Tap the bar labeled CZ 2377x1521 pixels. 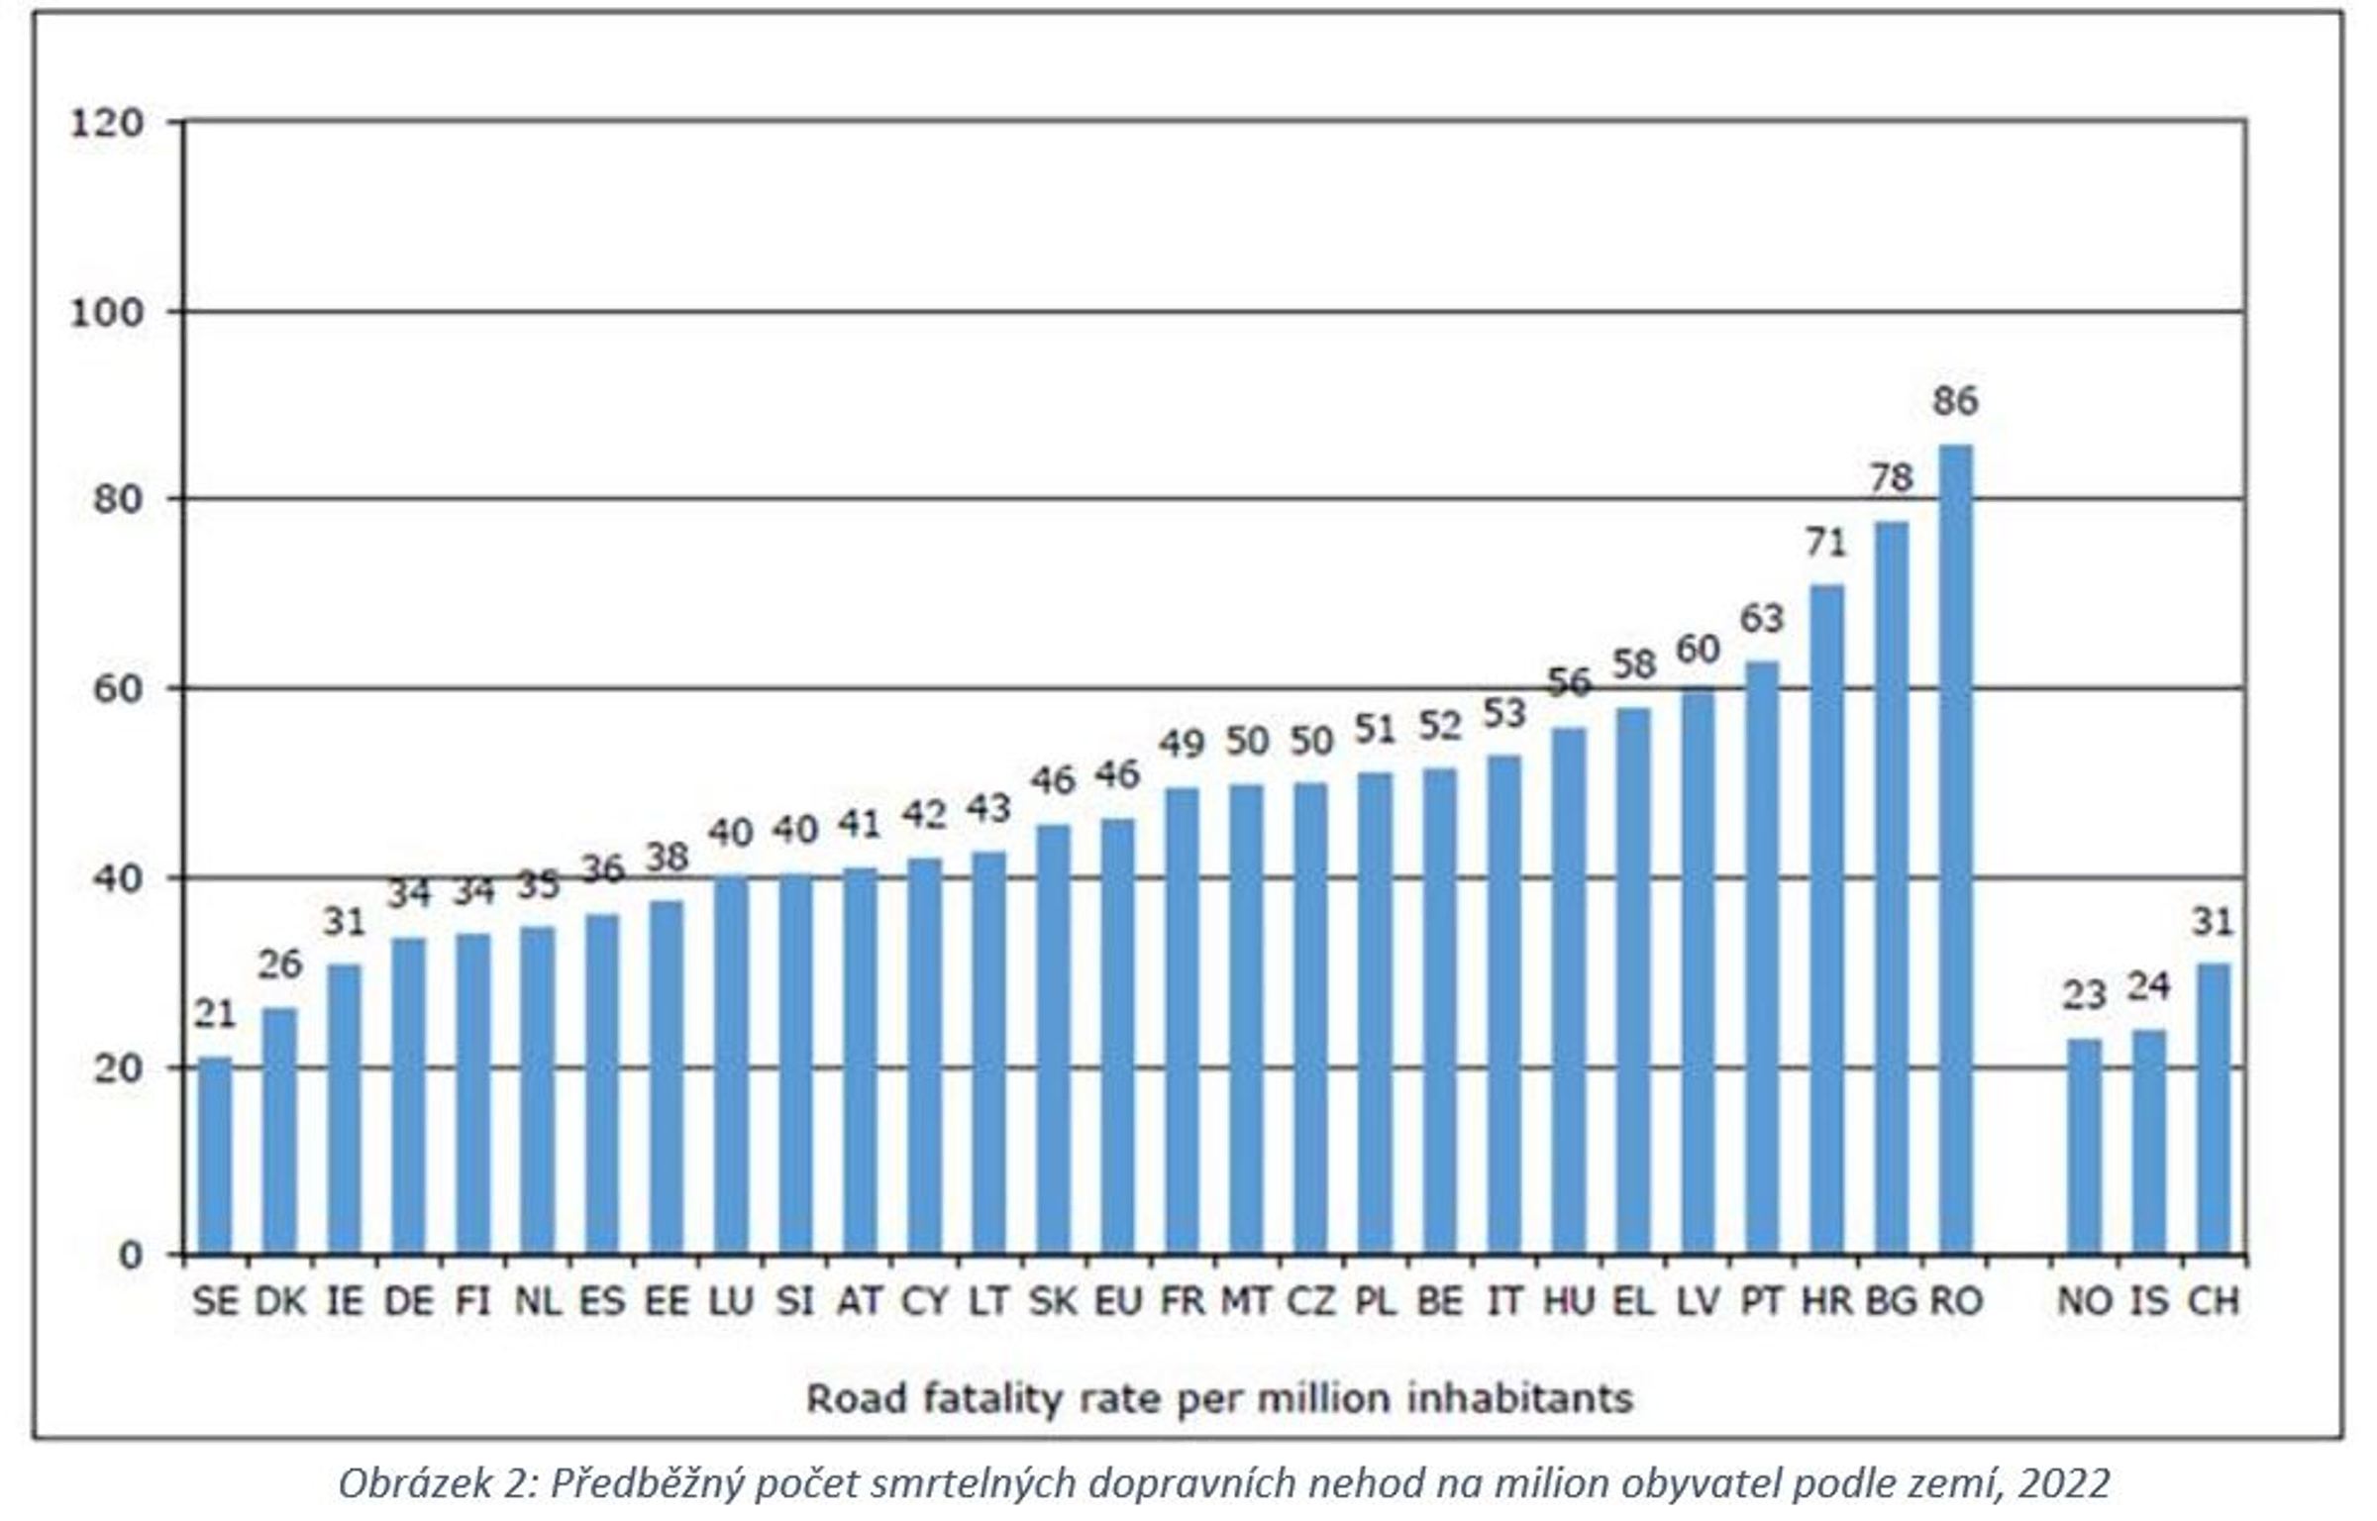[1310, 1019]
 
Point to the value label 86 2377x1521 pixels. [1955, 401]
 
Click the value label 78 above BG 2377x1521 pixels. [1891, 478]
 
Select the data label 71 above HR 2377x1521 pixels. [1826, 543]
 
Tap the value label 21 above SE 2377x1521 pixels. [215, 1014]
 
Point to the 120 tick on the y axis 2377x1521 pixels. [107, 124]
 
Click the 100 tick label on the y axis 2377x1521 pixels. [107, 313]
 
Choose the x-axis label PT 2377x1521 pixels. [1762, 1300]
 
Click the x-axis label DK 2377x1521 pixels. [280, 1300]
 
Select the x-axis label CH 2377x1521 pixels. [2213, 1300]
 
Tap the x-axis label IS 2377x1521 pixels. [2148, 1300]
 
